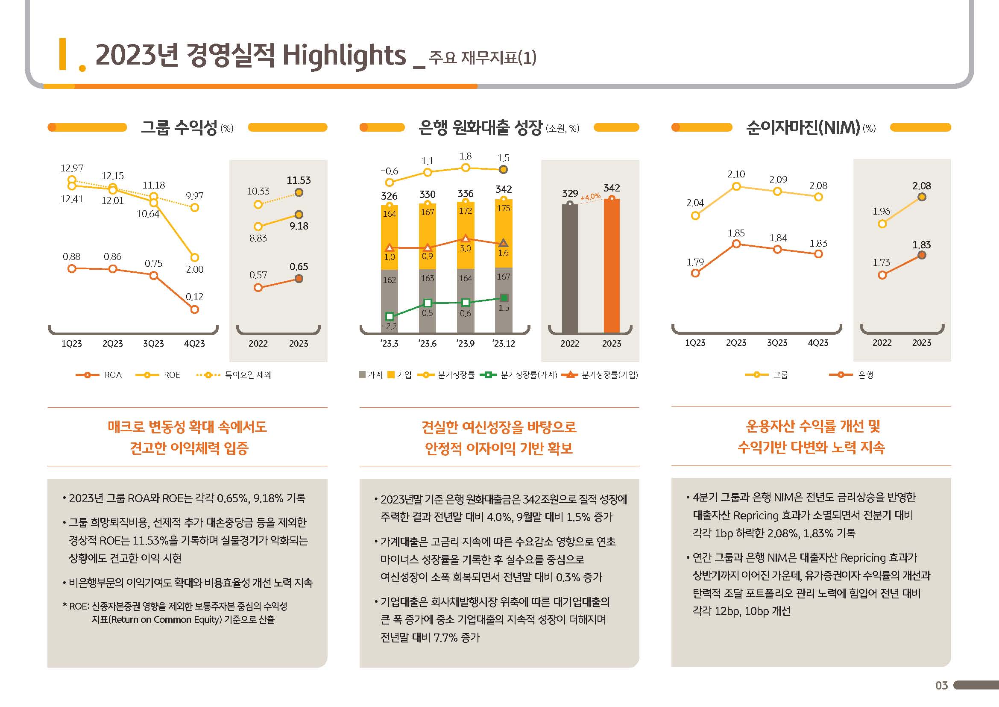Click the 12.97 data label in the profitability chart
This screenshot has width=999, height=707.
coord(72,168)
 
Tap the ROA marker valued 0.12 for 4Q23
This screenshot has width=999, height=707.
coord(194,309)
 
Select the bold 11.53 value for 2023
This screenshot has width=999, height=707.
coord(299,180)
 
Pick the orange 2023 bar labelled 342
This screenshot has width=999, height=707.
coord(611,266)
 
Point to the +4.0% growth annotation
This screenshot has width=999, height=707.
coord(590,197)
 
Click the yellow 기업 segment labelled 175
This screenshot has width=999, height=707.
coord(504,227)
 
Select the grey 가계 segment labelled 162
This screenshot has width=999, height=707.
coord(390,300)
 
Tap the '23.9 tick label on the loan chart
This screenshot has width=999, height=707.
coord(465,344)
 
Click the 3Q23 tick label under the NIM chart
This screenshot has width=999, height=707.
coord(777,343)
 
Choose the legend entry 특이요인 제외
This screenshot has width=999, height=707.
coord(248,375)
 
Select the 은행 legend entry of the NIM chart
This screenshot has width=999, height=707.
coord(865,375)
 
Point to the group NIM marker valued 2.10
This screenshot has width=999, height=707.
coord(736,187)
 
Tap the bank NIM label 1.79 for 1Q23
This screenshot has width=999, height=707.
coord(695,262)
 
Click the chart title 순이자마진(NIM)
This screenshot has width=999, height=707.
coord(803,127)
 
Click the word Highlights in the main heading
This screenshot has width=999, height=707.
coord(344,56)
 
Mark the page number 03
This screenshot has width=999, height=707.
coord(941,686)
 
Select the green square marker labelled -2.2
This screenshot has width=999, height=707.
coord(390,316)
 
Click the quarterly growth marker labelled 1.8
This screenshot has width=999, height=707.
coord(466,168)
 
